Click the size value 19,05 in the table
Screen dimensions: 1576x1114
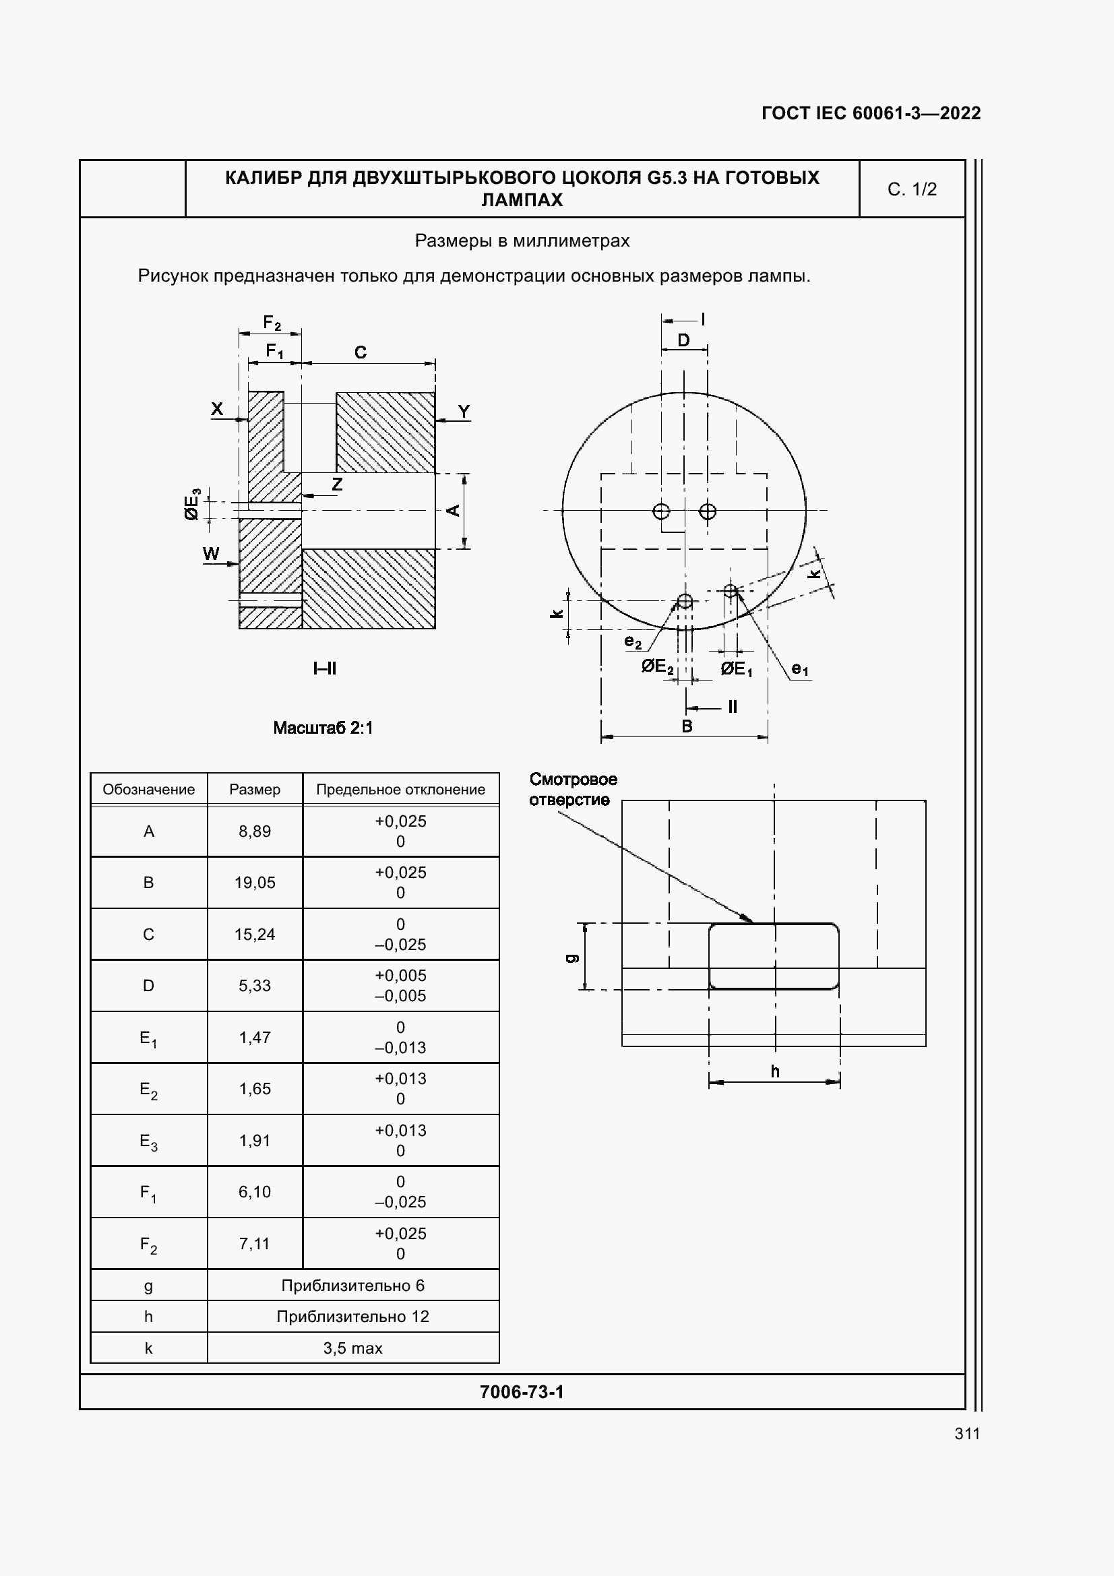(255, 883)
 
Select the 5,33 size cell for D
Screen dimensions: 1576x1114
(255, 986)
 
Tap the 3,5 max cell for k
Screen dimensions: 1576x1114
(353, 1348)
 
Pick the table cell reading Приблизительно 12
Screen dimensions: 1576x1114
(353, 1317)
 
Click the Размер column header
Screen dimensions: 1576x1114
(255, 790)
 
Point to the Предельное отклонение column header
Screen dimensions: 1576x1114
(400, 790)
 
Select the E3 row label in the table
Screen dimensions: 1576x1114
(148, 1141)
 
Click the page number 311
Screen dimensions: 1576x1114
(966, 1433)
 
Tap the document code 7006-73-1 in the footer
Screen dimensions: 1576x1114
(522, 1392)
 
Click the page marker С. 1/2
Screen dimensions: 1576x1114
(912, 189)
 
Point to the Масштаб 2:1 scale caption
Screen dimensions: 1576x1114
(323, 728)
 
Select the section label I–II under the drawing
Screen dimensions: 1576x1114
(325, 668)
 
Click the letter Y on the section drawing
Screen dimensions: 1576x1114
(464, 411)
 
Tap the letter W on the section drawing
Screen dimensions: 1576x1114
(212, 554)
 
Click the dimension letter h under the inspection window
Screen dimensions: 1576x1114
(775, 1071)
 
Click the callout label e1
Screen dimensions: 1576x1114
(801, 668)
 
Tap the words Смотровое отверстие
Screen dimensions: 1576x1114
(573, 790)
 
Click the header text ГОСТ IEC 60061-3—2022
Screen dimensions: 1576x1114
(871, 113)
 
